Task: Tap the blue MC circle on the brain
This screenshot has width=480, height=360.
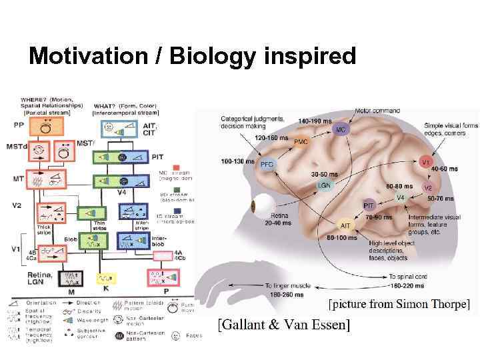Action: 341,129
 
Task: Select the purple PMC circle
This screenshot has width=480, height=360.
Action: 301,142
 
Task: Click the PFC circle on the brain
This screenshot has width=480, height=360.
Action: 267,164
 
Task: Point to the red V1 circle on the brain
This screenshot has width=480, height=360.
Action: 425,162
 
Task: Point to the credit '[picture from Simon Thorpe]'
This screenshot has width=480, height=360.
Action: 399,305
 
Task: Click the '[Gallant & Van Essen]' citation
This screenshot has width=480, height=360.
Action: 284,325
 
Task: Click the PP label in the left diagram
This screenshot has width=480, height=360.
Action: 18,124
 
